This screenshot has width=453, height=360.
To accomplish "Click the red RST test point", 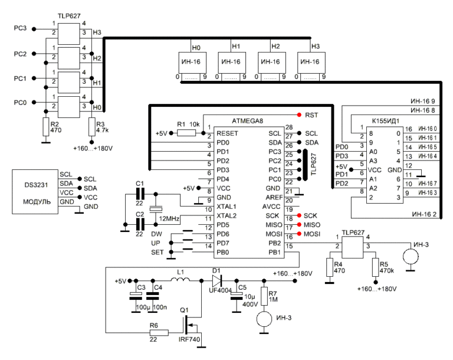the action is (299, 115).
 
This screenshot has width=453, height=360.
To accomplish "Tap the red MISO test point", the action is (299, 225).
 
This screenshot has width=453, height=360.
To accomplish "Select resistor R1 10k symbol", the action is (186, 133).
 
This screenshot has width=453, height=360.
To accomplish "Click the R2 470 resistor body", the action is (46, 127).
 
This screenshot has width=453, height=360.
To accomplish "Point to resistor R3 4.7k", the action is (92, 127).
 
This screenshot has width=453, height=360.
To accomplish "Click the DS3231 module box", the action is (35, 192).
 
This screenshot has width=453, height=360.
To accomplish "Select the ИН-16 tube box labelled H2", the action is (271, 63).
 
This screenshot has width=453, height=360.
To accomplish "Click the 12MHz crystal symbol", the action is (156, 209).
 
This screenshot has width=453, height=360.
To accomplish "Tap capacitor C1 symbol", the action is (140, 194).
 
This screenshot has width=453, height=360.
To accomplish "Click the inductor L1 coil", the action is (180, 279).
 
